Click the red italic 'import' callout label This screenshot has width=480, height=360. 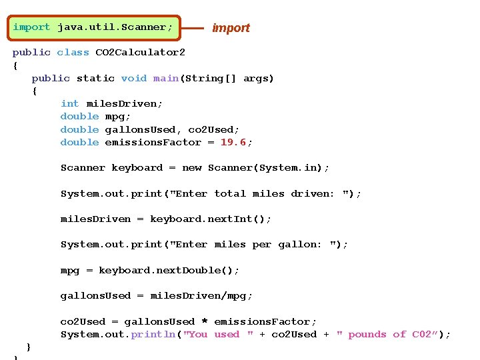pos(231,28)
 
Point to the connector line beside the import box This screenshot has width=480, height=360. pos(192,28)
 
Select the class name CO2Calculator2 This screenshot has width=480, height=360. pos(140,52)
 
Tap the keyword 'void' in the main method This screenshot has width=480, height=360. pos(133,78)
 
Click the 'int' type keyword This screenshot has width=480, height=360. pos(69,103)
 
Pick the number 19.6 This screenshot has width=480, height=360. pos(233,142)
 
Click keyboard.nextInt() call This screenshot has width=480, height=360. pos(210,219)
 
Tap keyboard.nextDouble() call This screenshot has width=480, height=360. pos(169,270)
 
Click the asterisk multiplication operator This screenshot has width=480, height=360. pos(205,321)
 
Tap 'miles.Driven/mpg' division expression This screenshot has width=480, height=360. pos(201,295)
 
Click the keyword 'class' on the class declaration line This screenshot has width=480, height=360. pos(73,52)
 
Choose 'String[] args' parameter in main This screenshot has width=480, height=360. pos(236,78)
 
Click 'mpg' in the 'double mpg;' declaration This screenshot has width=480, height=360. pos(114,117)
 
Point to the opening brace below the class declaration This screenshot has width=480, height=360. pos(15,65)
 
